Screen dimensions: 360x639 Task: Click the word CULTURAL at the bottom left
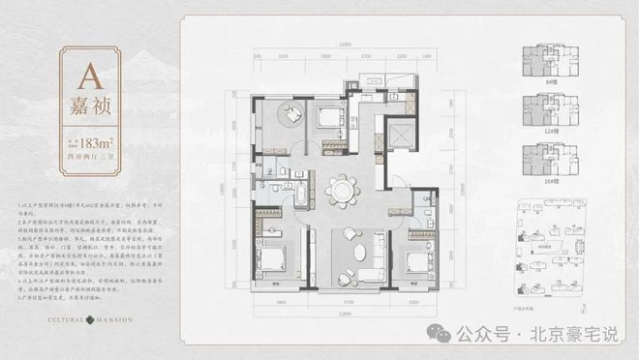[49, 316]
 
